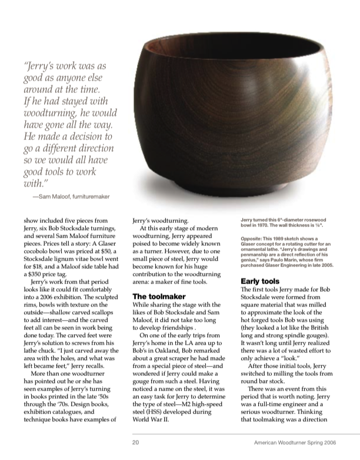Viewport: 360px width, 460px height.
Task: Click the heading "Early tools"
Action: pyautogui.click(x=261, y=281)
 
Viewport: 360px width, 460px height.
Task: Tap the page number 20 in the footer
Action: pyautogui.click(x=135, y=442)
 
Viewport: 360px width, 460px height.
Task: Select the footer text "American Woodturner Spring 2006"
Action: pyautogui.click(x=304, y=442)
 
